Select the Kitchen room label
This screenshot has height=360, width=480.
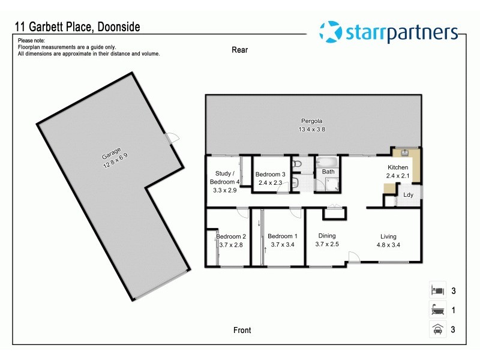point(398,167)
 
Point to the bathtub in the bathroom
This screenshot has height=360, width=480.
point(328,162)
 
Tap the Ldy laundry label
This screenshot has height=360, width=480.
point(408,195)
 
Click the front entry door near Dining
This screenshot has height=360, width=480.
point(354,259)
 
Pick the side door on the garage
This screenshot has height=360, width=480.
point(172,138)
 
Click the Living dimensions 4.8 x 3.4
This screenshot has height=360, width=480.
point(388,245)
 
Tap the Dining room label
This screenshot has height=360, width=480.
point(327,236)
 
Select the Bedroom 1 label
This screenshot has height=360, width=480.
point(281,236)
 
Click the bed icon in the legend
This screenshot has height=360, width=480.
point(437,290)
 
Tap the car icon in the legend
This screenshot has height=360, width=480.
point(437,328)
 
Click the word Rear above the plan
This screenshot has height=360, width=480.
point(239,50)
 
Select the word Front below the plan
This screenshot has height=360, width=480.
point(242,330)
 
